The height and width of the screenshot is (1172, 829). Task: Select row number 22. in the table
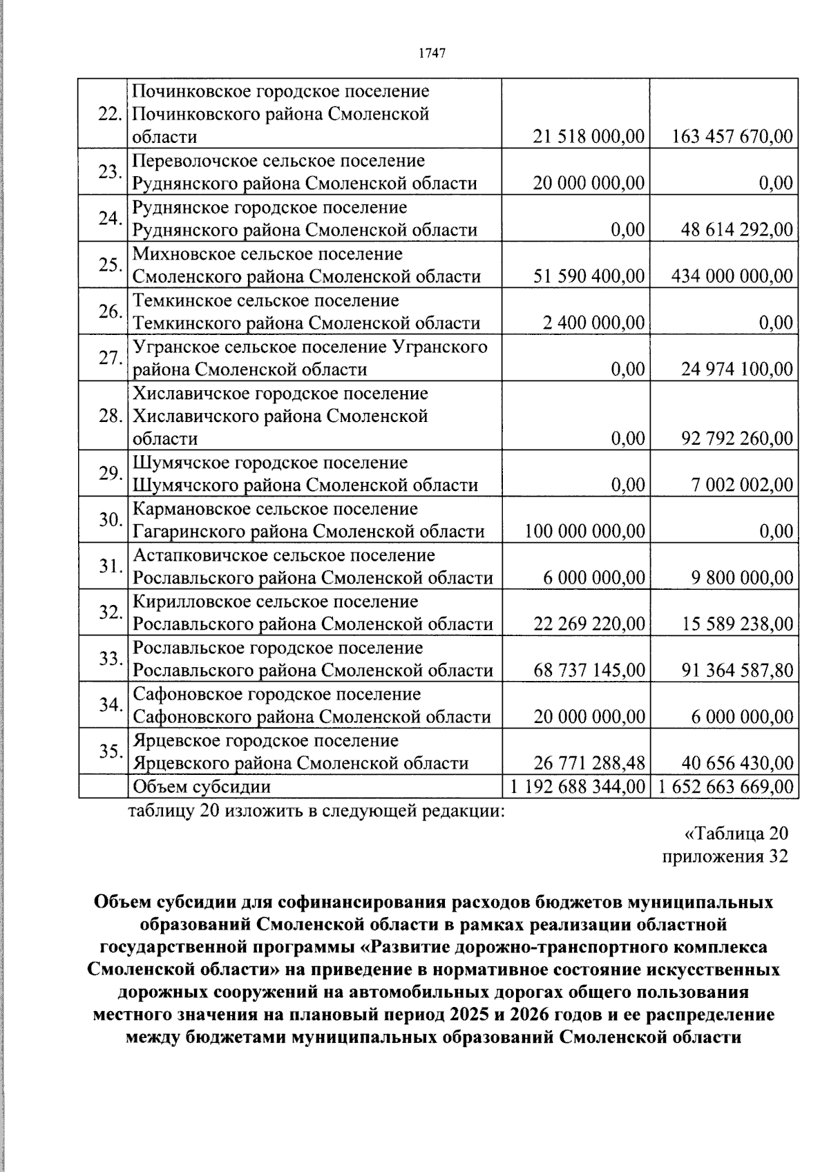pyautogui.click(x=110, y=114)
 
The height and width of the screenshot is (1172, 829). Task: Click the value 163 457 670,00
pyautogui.click(x=732, y=137)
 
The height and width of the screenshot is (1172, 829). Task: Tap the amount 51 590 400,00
pyautogui.click(x=589, y=277)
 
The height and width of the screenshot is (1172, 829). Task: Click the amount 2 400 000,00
pyautogui.click(x=593, y=323)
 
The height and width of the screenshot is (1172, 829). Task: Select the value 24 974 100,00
pyautogui.click(x=737, y=369)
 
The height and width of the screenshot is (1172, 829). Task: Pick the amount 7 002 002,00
pyautogui.click(x=742, y=485)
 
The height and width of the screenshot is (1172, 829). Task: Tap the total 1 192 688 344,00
pyautogui.click(x=577, y=787)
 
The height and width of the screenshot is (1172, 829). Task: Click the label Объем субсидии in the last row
pyautogui.click(x=201, y=787)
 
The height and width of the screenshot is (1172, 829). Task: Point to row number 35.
pyautogui.click(x=110, y=751)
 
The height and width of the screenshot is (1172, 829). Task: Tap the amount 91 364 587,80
pyautogui.click(x=737, y=671)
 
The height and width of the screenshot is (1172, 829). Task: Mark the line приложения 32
pyautogui.click(x=725, y=856)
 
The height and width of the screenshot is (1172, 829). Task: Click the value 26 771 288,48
pyautogui.click(x=589, y=763)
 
